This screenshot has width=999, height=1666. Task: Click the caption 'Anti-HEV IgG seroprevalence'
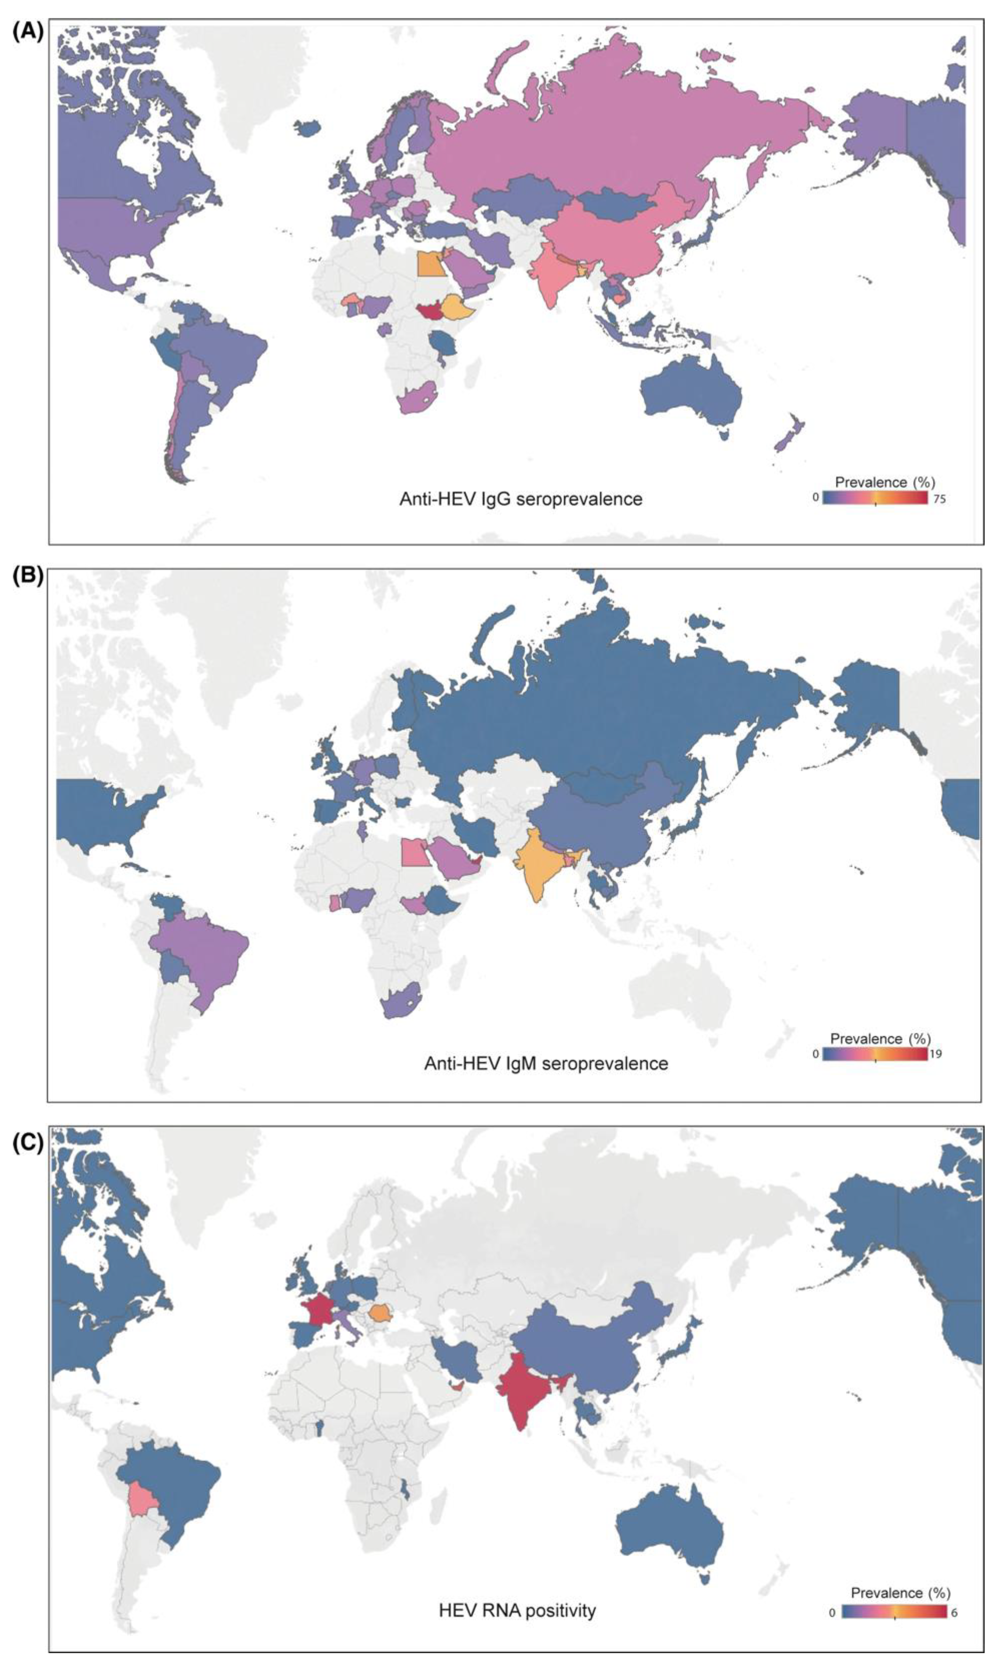pyautogui.click(x=520, y=499)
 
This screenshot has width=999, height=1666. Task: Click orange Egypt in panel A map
pyautogui.click(x=429, y=264)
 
